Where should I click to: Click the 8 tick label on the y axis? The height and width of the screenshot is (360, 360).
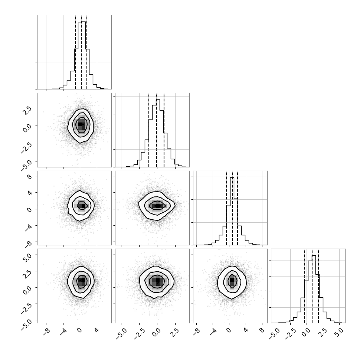[30, 176]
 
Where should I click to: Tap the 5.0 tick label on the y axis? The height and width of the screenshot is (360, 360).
[27, 256]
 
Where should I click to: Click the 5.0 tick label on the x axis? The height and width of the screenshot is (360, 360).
[339, 332]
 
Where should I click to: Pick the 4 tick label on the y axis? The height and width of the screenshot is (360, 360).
[30, 193]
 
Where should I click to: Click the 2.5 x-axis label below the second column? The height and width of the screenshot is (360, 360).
[175, 333]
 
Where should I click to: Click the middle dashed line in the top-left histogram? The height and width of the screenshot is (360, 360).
[81, 52]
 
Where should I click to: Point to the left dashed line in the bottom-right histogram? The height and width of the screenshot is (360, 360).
[305, 286]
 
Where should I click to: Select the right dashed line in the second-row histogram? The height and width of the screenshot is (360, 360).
[164, 130]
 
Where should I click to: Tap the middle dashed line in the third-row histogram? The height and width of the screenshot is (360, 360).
[232, 208]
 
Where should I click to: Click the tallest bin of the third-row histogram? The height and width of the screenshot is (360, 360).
[232, 211]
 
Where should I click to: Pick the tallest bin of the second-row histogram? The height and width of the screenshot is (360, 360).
[158, 133]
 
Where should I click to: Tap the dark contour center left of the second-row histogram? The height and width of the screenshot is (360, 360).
[81, 125]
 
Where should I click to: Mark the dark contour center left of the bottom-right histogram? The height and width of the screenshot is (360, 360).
[232, 280]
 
